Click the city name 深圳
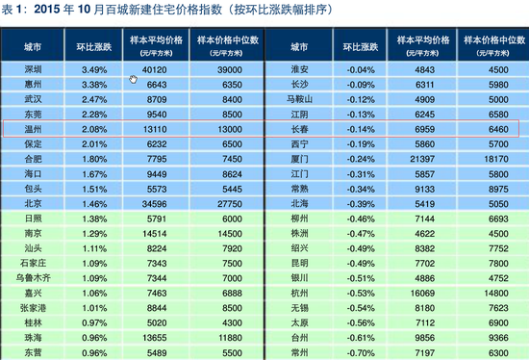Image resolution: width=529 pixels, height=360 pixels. [33, 70]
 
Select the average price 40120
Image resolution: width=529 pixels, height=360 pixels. [156, 70]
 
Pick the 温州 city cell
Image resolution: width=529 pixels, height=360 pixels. [33, 128]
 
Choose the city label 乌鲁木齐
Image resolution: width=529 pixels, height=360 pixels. [33, 277]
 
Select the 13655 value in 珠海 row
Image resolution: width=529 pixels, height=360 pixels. [156, 339]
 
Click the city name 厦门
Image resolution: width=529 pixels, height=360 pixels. [298, 158]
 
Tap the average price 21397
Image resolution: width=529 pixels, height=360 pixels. [425, 158]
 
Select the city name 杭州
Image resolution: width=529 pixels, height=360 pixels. [298, 292]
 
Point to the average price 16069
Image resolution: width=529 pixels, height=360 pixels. [425, 292]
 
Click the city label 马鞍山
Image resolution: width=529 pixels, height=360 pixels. [298, 99]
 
